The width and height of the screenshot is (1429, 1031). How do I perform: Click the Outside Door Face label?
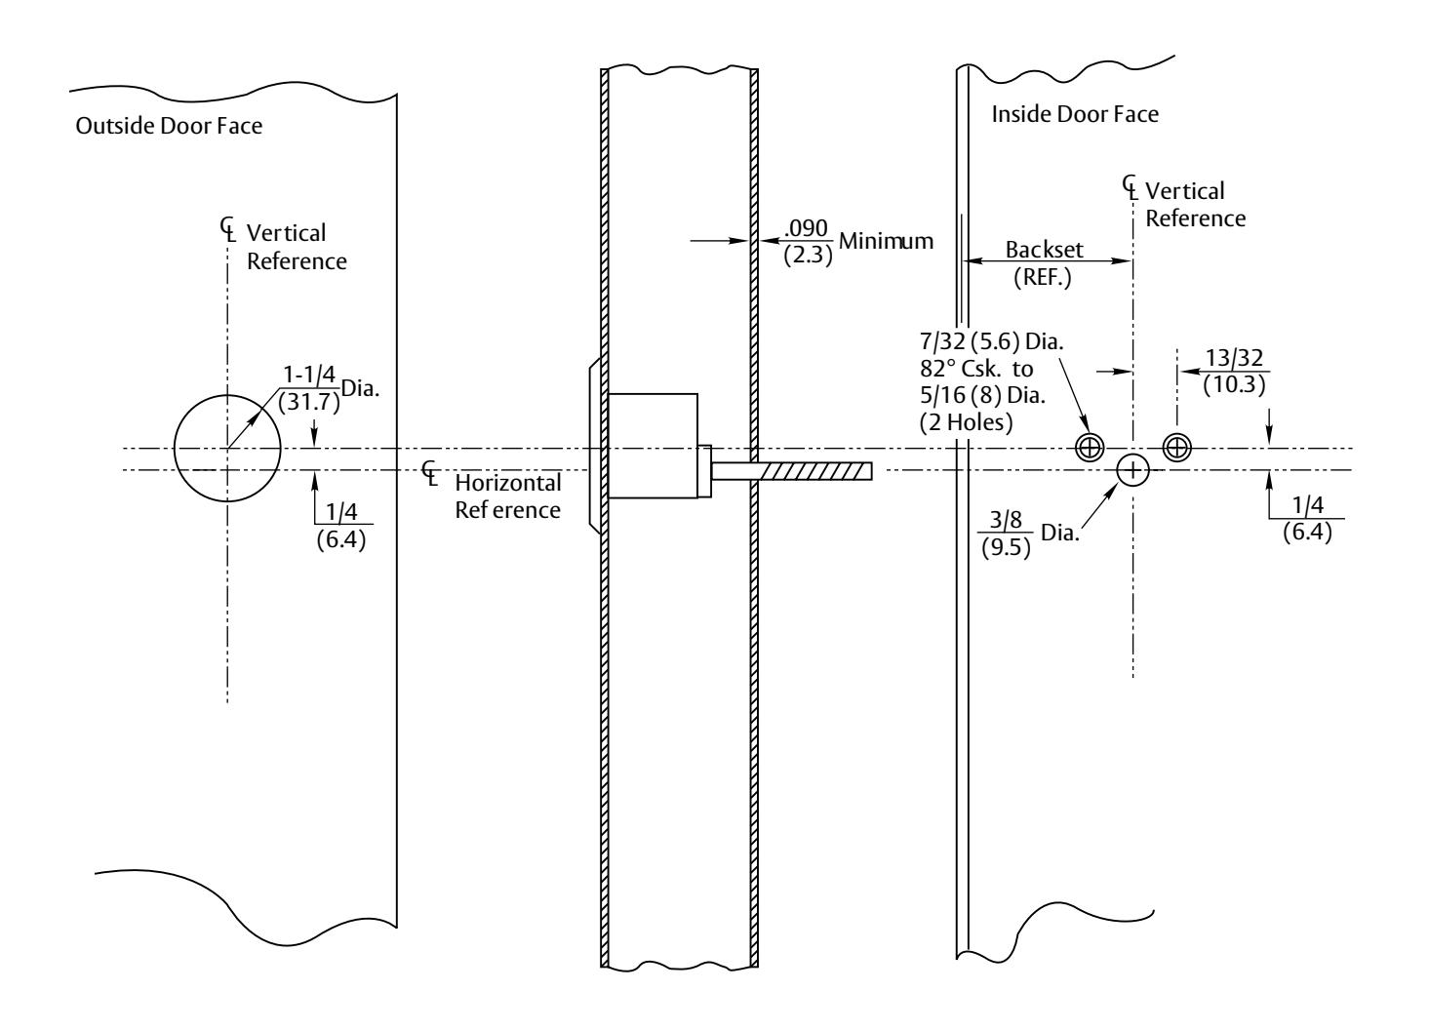169,126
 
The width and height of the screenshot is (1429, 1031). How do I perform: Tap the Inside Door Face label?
1075,114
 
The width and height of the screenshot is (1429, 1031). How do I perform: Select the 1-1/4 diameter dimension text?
309,375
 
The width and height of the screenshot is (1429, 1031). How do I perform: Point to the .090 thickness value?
807,228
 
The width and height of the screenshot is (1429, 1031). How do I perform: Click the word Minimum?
886,241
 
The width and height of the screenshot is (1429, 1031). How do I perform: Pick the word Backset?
1045,250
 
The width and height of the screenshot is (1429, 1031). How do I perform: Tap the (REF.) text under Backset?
1043,278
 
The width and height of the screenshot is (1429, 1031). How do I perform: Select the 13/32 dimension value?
1235,358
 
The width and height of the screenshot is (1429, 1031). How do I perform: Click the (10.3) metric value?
1235,385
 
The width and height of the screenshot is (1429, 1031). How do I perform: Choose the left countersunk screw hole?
1090,448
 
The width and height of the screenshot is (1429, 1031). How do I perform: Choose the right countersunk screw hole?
1177,447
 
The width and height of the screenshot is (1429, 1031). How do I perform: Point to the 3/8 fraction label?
1006,520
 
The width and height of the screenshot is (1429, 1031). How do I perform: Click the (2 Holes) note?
966,422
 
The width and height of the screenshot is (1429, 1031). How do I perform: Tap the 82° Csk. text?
961,369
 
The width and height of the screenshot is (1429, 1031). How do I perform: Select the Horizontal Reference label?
508,496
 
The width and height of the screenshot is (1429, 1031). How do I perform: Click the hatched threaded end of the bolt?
817,471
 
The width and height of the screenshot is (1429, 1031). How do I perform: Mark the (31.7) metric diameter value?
309,403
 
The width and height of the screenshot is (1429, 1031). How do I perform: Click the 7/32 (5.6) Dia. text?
992,342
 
